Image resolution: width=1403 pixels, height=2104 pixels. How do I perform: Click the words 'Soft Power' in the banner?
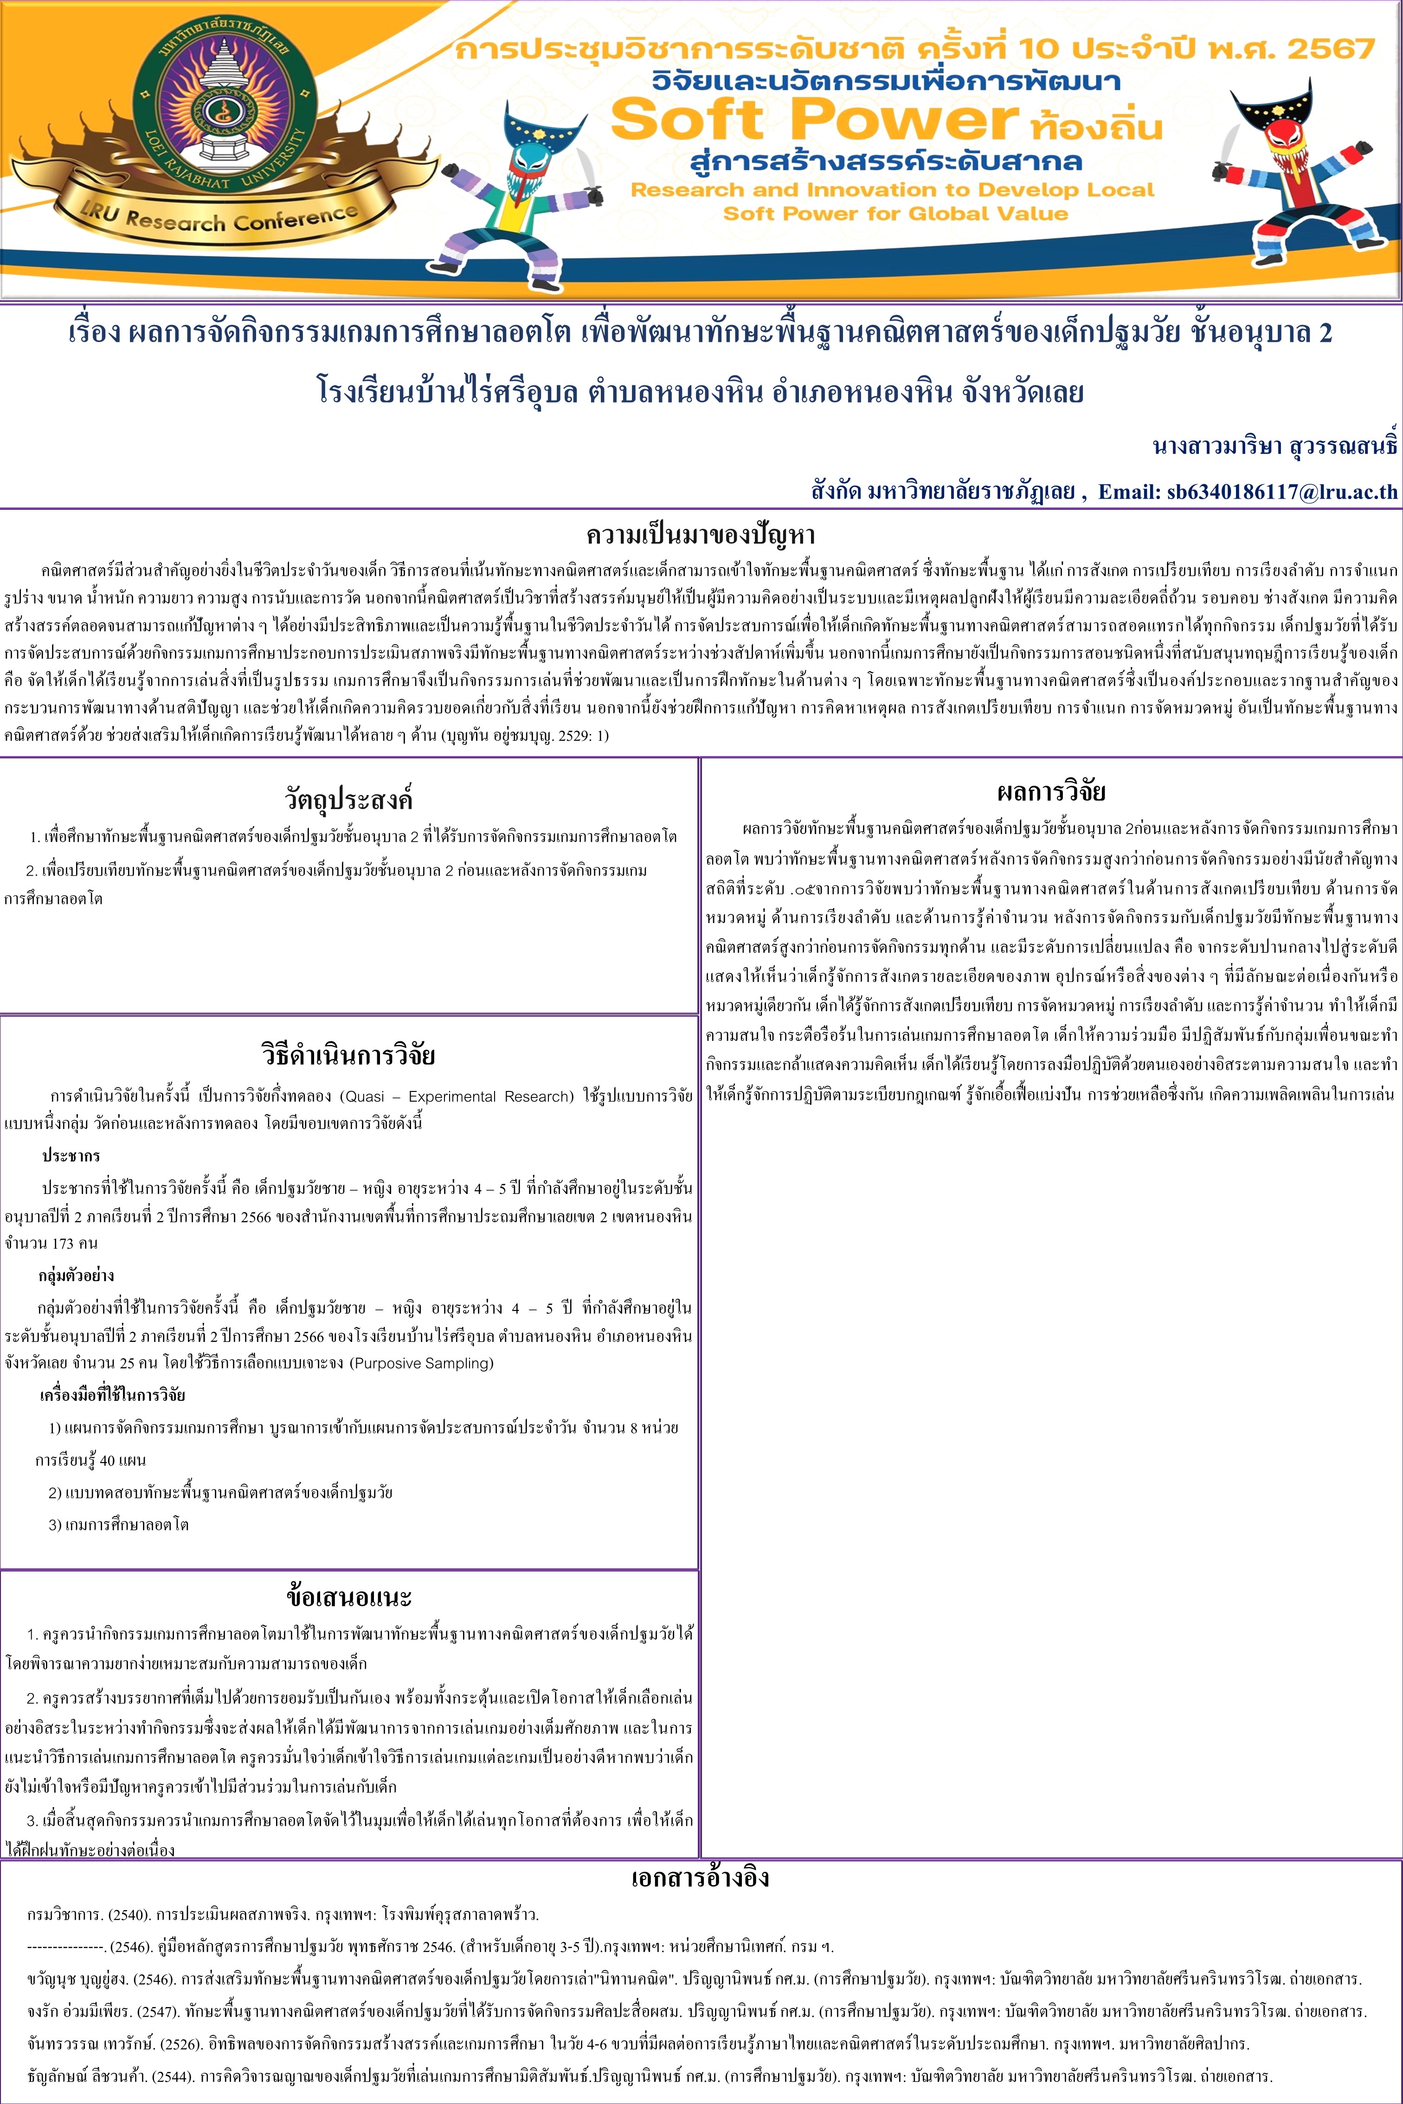click(x=814, y=119)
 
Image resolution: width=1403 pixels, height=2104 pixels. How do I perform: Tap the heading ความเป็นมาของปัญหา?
click(x=701, y=535)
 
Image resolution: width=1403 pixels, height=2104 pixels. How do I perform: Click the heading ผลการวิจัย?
click(x=1051, y=791)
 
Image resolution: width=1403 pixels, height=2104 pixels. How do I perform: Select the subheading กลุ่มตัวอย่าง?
click(x=76, y=1276)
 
